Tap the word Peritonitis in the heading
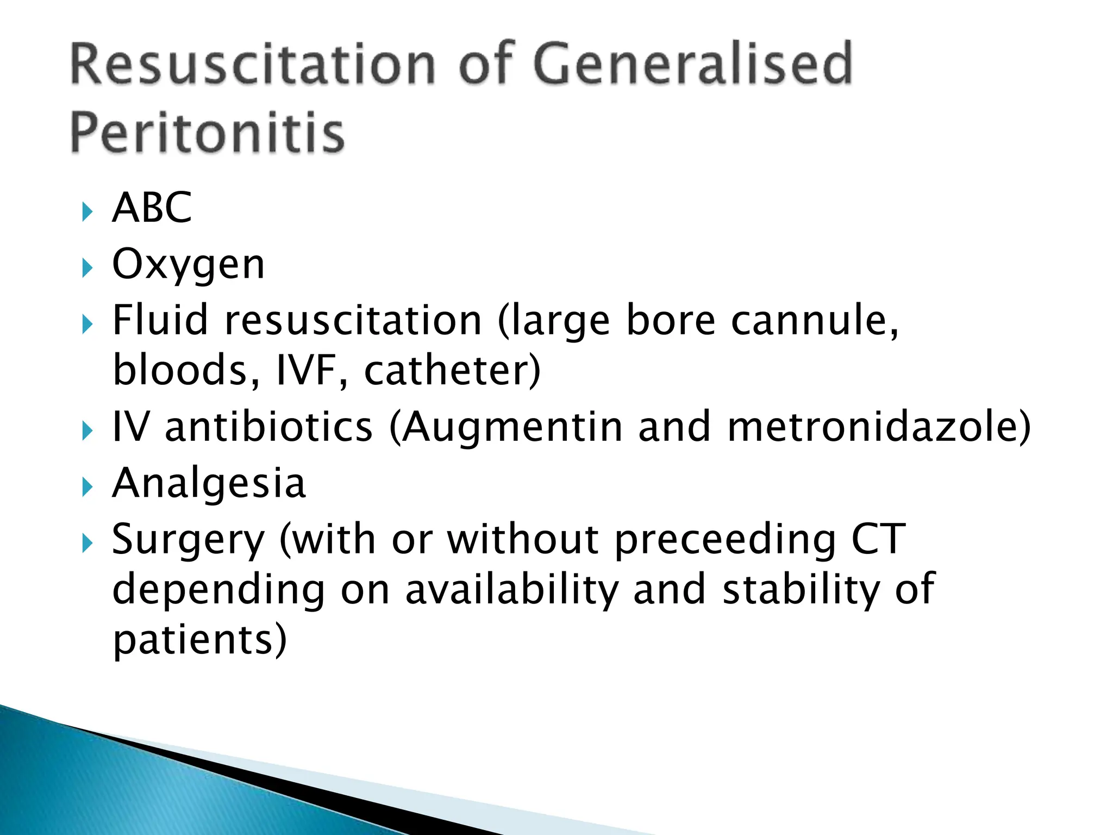[x=207, y=133]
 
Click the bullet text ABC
[x=152, y=208]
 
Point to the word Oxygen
[x=188, y=265]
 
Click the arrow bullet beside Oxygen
[x=87, y=267]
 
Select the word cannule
[x=814, y=320]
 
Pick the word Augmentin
[x=512, y=426]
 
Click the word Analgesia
[x=209, y=483]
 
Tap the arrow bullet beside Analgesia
[x=87, y=486]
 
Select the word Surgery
[x=188, y=540]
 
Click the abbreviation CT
[x=878, y=539]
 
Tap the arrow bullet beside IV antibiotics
[x=87, y=431]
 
